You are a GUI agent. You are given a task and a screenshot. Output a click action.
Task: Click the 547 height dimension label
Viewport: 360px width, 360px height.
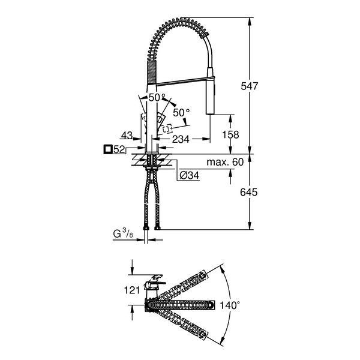[250, 86]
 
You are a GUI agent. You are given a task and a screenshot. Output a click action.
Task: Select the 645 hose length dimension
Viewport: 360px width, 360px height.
[248, 192]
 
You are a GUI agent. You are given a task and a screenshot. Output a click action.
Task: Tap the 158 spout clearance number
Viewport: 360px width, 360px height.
[230, 134]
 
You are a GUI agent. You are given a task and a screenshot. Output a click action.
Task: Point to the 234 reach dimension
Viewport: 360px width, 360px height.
[181, 139]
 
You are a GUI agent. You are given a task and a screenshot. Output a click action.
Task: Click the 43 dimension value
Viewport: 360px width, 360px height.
[127, 136]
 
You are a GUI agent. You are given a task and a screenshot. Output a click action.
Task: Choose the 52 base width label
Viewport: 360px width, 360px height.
[119, 149]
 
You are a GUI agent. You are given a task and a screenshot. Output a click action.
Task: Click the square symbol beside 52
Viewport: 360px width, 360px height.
[107, 149]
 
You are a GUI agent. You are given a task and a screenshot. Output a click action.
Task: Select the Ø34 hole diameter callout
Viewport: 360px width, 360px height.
[189, 176]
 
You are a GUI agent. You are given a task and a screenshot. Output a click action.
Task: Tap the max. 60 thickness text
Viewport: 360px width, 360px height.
[225, 162]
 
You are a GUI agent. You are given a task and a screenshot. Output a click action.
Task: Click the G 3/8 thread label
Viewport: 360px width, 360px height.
[123, 234]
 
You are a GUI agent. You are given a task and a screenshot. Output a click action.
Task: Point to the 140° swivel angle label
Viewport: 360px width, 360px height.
[230, 305]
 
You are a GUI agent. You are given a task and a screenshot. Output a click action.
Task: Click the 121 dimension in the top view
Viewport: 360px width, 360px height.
[132, 290]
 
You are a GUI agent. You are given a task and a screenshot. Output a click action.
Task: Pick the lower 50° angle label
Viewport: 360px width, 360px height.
[181, 113]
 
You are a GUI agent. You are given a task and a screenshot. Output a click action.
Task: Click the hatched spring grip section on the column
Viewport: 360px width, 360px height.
[152, 72]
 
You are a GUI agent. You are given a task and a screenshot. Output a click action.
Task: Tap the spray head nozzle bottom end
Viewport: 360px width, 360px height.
[210, 113]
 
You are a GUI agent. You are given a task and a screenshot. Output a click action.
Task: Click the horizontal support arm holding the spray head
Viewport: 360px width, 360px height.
[185, 81]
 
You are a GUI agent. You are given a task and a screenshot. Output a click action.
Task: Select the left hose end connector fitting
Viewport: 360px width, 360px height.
[146, 228]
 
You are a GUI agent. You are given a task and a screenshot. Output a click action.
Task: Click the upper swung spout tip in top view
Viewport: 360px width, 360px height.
[203, 275]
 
